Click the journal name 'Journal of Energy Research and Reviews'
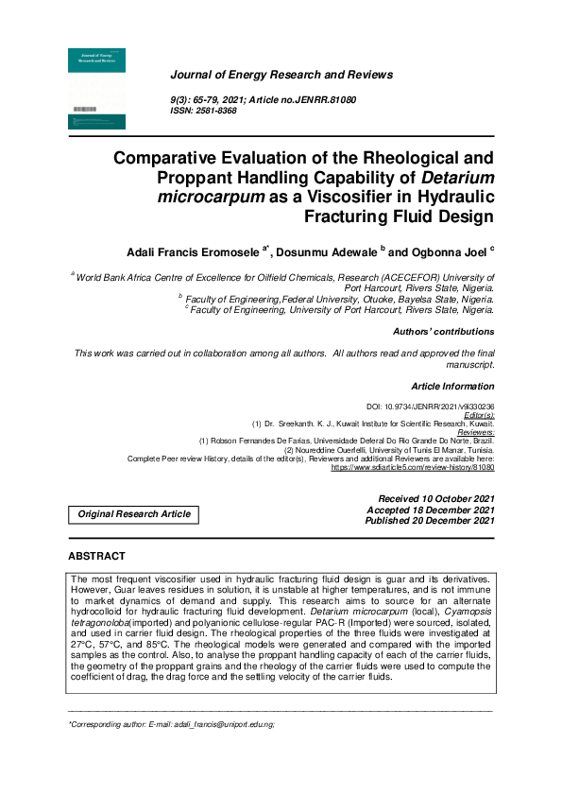pyautogui.click(x=281, y=75)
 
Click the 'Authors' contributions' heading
pyautogui.click(x=443, y=332)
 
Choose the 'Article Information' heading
pyautogui.click(x=452, y=387)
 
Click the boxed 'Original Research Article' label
pyautogui.click(x=134, y=514)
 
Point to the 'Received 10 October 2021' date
pyautogui.click(x=435, y=499)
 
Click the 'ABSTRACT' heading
pyautogui.click(x=96, y=556)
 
